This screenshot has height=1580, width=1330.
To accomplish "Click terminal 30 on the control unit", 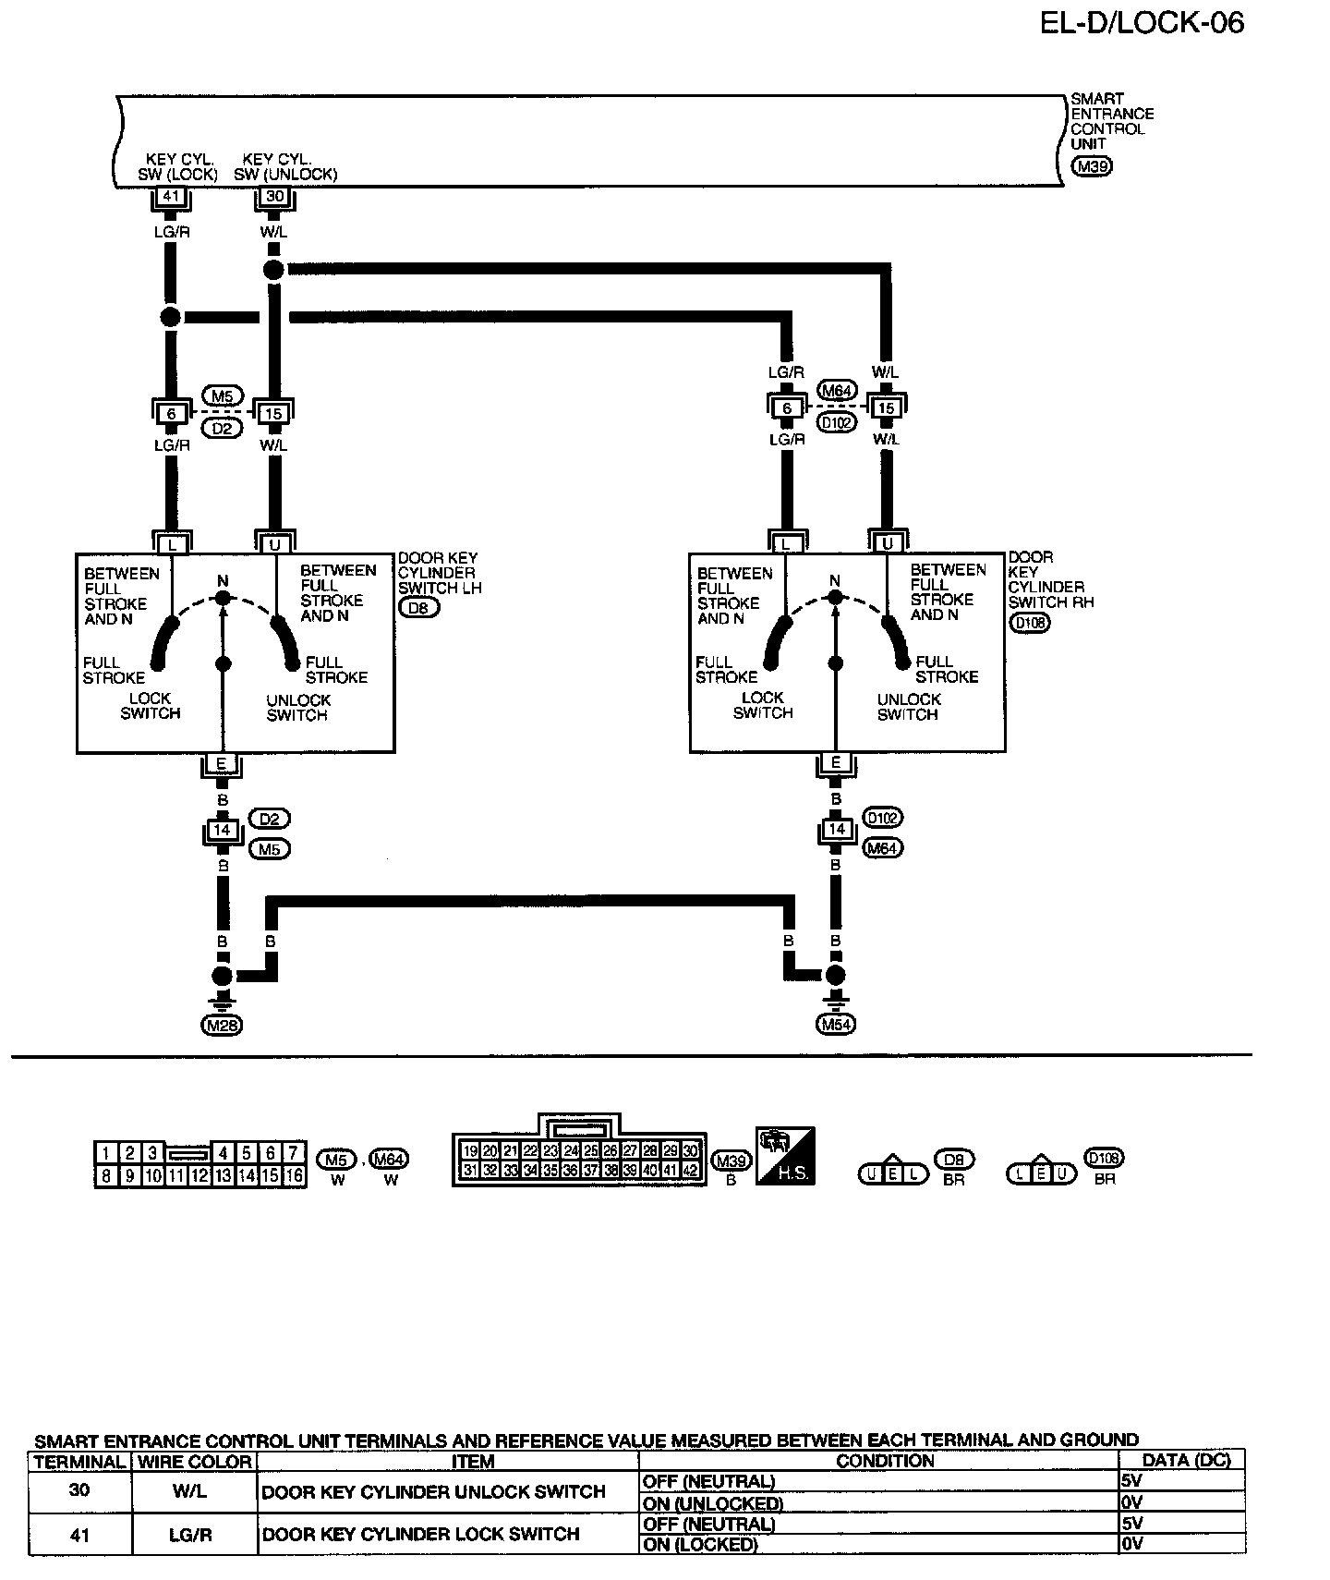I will coord(274,197).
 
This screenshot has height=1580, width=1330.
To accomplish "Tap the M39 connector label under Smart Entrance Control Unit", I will coord(1091,166).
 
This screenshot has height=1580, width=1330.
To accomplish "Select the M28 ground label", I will coord(222,1024).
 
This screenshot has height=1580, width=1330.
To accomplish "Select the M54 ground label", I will coord(836,1024).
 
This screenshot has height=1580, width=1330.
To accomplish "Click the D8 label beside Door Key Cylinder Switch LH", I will coord(418,607).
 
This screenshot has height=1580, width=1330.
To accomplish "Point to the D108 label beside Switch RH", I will coord(1029,622).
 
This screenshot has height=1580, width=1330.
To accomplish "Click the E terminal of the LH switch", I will coord(222,764).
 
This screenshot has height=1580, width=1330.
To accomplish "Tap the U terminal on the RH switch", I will coord(888,543).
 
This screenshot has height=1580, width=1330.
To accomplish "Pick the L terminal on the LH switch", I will coord(172,544).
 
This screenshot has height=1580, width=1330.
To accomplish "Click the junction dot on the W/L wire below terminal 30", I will coord(273,270).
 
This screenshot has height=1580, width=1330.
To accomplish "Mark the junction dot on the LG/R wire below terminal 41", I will coord(170,317).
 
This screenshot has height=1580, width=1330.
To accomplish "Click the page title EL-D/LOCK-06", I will coord(1142,22).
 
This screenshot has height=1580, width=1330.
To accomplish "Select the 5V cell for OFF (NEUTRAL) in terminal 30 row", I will coord(1180,1480).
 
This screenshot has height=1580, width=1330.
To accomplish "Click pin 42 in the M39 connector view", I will coord(690,1171).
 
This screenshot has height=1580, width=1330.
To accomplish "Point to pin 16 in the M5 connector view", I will coord(294,1176).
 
